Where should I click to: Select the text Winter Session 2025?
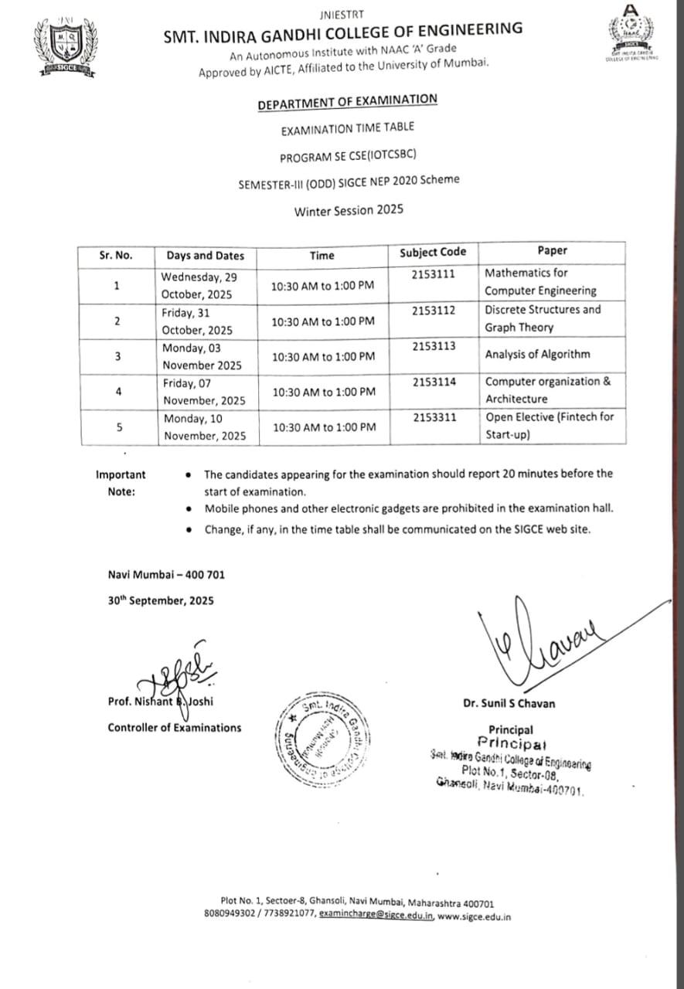(349, 210)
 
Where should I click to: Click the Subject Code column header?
(433, 252)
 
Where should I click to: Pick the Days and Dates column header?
(205, 255)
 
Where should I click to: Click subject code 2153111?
(434, 274)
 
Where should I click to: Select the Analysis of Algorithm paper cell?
(537, 355)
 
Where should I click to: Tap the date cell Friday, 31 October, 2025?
(198, 321)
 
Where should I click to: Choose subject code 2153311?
(434, 417)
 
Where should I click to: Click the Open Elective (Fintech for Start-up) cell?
(550, 426)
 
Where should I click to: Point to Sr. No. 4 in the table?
(117, 392)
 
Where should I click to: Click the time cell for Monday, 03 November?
(322, 356)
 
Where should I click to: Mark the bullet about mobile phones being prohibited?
(409, 508)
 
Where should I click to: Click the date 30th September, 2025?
(161, 600)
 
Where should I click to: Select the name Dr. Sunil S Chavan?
(509, 703)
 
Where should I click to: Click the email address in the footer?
(376, 916)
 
